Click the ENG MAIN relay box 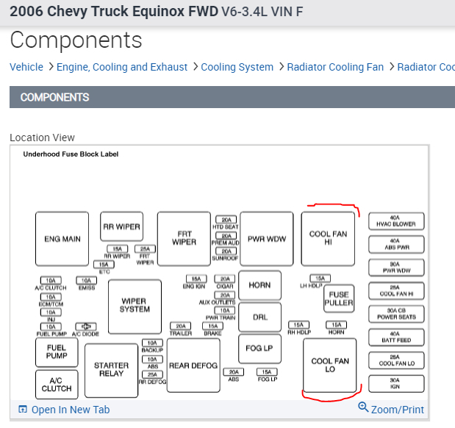[x=62, y=239]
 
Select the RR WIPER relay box [x=121, y=227]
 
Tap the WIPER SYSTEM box [x=135, y=306]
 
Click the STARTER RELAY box [x=112, y=370]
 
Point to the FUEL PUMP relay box [x=57, y=352]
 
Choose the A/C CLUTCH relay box [x=57, y=384]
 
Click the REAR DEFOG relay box [x=193, y=365]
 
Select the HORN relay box [x=259, y=285]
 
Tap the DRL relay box [x=259, y=317]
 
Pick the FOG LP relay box [x=259, y=349]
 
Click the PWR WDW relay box [x=266, y=239]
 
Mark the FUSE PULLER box [x=339, y=299]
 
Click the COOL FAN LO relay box [x=329, y=365]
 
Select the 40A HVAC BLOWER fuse [x=395, y=221]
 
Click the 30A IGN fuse [x=395, y=384]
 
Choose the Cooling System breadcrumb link [x=237, y=67]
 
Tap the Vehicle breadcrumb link [x=26, y=67]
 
